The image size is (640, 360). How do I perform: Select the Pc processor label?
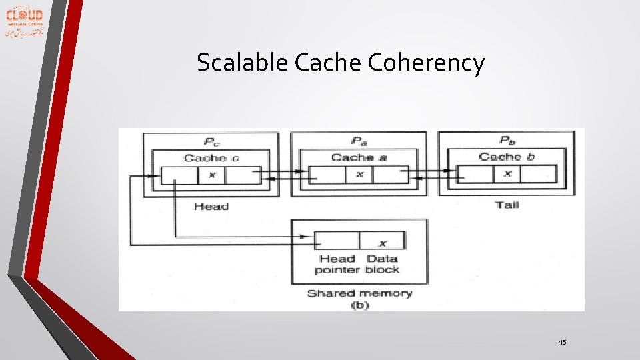211,141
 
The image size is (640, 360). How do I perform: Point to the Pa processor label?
359,140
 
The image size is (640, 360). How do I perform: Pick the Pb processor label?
507,140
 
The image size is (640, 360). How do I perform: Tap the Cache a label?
359,157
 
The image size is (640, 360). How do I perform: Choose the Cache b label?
506,157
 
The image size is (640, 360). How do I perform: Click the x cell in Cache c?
212,175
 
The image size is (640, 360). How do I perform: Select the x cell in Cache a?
359,175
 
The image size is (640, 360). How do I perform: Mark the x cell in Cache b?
507,174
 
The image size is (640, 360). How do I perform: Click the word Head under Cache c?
211,207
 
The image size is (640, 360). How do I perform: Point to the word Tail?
507,205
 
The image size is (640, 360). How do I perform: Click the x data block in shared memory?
382,241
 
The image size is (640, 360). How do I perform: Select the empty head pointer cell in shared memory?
337,241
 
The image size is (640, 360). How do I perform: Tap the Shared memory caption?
359,293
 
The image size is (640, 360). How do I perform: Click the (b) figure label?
359,305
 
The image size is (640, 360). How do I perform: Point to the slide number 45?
562,342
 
